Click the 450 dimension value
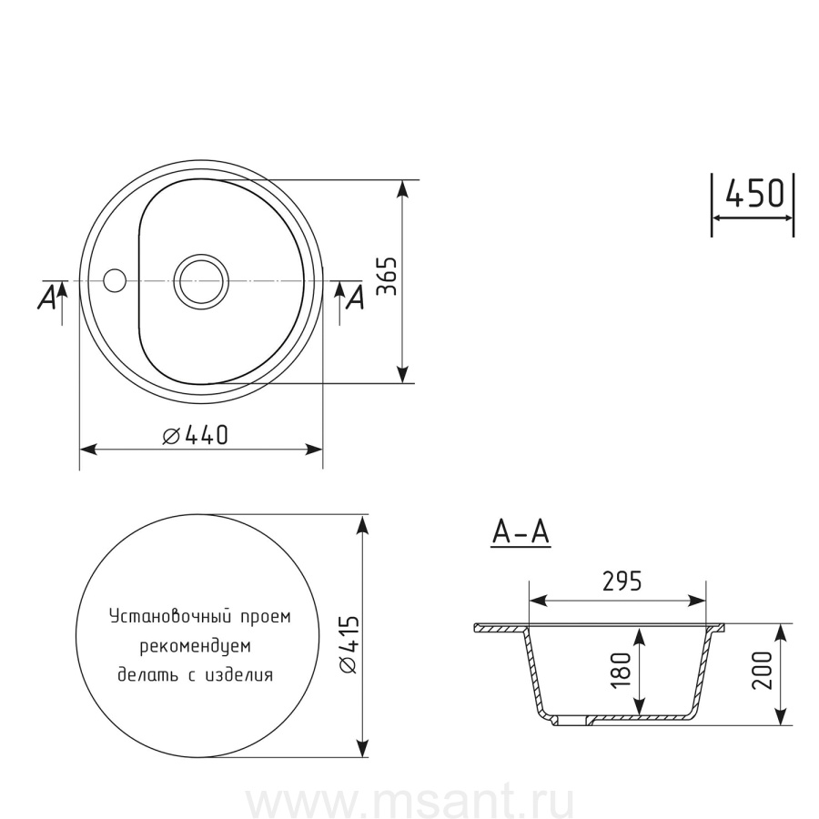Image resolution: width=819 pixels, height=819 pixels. [x=755, y=193]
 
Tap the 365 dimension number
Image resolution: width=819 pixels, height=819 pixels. [x=388, y=277]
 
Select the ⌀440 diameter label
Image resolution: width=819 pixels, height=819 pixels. [x=196, y=435]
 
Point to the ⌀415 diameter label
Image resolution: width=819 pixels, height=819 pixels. [x=349, y=644]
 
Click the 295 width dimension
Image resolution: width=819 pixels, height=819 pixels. [x=622, y=581]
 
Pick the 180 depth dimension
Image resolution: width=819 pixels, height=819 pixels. [x=621, y=670]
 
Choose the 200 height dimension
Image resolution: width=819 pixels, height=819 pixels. [x=762, y=670]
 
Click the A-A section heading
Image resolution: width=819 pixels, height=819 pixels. [x=521, y=532]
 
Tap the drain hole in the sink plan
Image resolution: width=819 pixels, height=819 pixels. [x=201, y=281]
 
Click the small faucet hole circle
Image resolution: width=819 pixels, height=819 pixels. [x=115, y=280]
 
